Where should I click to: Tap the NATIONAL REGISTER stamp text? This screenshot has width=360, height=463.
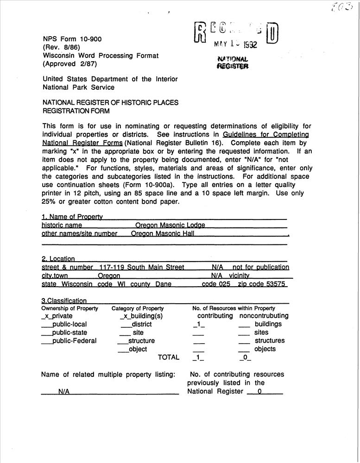tap(233, 63)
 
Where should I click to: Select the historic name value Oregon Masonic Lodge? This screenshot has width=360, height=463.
tap(170, 225)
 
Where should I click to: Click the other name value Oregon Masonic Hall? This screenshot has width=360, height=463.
tap(162, 234)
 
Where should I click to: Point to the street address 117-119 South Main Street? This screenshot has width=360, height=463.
tap(141, 267)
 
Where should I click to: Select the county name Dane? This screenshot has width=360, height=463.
tap(163, 284)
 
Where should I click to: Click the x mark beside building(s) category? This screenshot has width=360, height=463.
tap(124, 316)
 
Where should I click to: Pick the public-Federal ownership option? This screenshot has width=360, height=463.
tap(74, 341)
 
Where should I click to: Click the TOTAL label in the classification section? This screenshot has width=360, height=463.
tap(168, 357)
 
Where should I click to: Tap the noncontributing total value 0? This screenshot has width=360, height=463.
tap(245, 358)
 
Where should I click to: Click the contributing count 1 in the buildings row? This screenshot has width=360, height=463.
tap(198, 325)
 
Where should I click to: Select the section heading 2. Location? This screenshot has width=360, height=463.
tap(58, 259)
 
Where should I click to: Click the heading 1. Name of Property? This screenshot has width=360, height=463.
tap(72, 217)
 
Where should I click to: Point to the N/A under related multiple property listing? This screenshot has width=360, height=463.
tap(64, 392)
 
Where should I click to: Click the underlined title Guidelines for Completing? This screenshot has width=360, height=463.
tap(265, 135)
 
